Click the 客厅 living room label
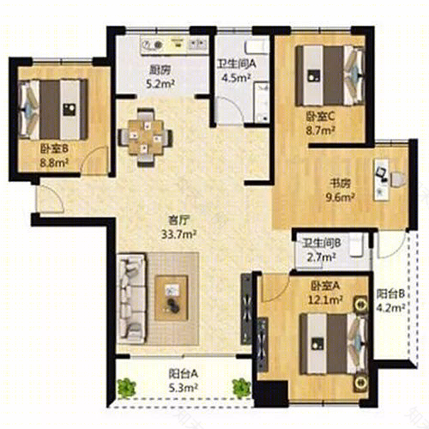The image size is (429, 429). (178, 221)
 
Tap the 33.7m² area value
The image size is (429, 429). (178, 234)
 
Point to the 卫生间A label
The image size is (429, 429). (237, 64)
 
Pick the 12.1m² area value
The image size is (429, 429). (325, 300)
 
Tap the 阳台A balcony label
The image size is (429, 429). (184, 374)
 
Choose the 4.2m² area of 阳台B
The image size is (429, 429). (390, 308)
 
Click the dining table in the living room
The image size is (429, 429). (146, 137)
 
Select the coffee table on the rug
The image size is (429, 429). (172, 298)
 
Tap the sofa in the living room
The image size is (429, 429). (132, 298)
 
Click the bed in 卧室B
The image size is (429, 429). (52, 109)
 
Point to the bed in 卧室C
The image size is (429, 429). (330, 76)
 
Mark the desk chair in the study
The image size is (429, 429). (398, 180)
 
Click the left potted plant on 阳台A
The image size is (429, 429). (126, 388)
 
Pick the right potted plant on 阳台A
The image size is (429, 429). (242, 388)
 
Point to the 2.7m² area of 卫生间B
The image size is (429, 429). (321, 257)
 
